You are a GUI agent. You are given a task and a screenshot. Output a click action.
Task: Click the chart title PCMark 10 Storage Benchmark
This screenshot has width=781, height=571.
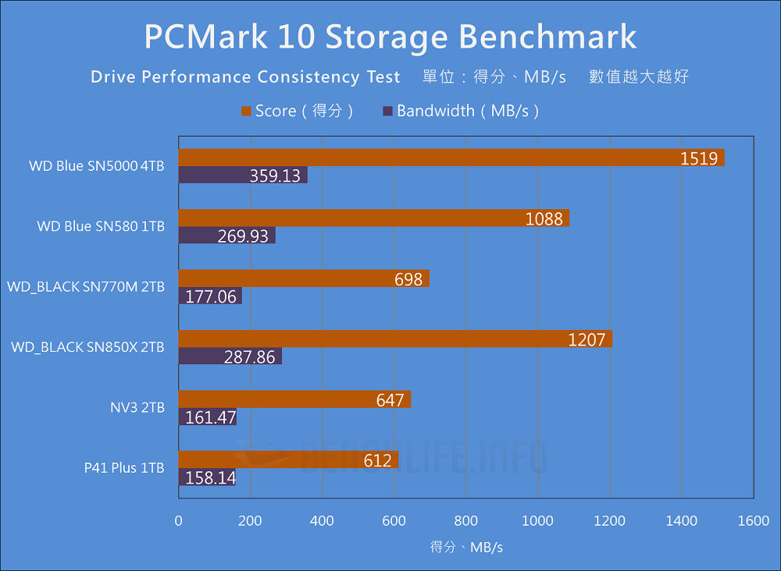[x=390, y=36]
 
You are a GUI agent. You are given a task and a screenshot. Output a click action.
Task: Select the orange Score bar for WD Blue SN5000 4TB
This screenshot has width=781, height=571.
[x=451, y=158]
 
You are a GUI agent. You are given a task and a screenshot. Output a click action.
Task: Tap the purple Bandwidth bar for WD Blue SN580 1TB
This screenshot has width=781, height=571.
[x=226, y=236]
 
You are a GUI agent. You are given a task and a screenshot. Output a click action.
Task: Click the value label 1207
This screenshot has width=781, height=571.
[x=587, y=339]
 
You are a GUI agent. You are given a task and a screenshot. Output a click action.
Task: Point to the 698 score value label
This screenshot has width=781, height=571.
[x=408, y=278]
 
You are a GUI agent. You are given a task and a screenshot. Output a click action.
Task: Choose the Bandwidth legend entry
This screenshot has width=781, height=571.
[x=461, y=111]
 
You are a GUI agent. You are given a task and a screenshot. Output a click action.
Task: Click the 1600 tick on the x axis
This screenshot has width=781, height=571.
[x=753, y=521]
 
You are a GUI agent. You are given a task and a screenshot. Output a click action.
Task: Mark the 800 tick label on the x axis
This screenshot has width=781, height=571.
[x=465, y=521]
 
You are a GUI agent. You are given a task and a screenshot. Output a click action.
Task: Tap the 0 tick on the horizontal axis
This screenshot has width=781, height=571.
[x=179, y=521]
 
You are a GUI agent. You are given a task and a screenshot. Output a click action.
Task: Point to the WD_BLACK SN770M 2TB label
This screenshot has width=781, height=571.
[x=86, y=287]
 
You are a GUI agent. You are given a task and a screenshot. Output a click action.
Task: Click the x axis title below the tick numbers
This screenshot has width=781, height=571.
[x=466, y=547]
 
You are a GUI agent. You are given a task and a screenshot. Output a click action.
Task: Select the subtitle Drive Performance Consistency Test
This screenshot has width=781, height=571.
[x=245, y=76]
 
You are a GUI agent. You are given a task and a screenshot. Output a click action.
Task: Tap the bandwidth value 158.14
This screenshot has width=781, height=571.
[x=210, y=477]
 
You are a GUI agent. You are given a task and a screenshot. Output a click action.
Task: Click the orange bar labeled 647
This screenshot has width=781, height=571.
[x=294, y=399]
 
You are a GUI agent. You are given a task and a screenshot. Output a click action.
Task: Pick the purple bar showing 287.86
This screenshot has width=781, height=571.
[x=230, y=356]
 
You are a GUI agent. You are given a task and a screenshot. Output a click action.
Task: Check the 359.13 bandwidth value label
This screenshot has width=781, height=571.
[x=275, y=176]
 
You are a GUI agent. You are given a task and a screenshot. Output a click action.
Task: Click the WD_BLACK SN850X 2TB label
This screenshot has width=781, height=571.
[x=87, y=347]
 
